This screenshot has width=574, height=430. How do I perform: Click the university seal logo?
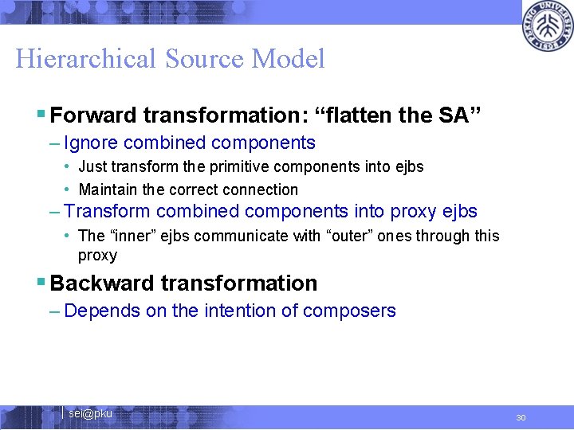(x=548, y=25)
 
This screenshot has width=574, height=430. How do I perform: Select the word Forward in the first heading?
(x=93, y=115)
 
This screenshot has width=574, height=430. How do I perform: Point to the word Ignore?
(x=90, y=143)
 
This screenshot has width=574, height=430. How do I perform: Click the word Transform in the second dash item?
(x=107, y=211)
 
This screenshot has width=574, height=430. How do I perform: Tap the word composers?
(x=356, y=311)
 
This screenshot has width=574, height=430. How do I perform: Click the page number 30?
(x=521, y=418)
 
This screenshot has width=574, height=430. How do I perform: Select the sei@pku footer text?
(x=90, y=413)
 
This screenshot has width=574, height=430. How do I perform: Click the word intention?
(x=225, y=311)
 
